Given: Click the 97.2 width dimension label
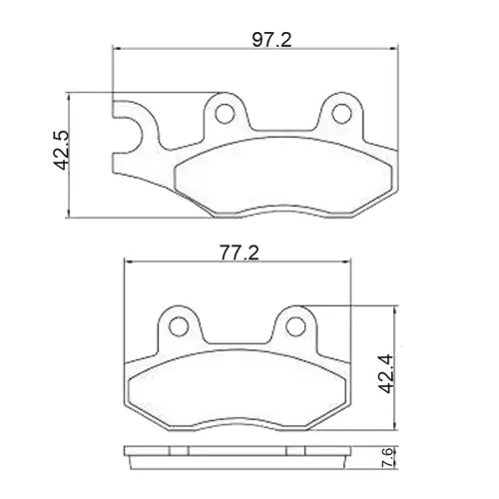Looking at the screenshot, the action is pyautogui.click(x=271, y=40).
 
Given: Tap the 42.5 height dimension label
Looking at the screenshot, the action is pyautogui.click(x=61, y=150).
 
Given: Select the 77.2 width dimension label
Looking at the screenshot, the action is pyautogui.click(x=239, y=252).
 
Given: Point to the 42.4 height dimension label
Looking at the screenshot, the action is pyautogui.click(x=386, y=373).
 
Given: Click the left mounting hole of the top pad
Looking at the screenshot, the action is pyautogui.click(x=226, y=113).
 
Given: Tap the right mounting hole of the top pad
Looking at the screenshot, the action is pyautogui.click(x=342, y=113).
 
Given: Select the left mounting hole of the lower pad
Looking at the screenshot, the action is pyautogui.click(x=179, y=326).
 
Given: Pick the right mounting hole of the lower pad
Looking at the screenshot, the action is pyautogui.click(x=295, y=326).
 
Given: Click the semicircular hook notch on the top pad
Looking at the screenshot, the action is pyautogui.click(x=143, y=136).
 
